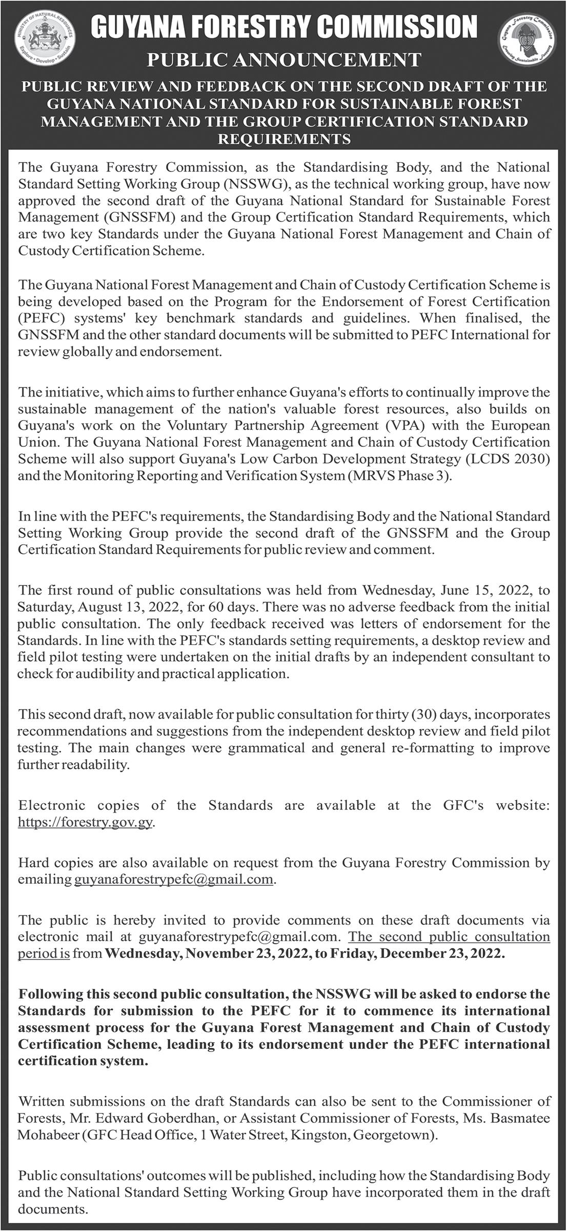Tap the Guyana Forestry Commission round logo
coord(527,43)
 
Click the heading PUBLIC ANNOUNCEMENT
coord(283,61)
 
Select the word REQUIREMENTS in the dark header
coord(284,139)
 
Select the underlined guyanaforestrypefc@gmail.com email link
coord(173,879)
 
